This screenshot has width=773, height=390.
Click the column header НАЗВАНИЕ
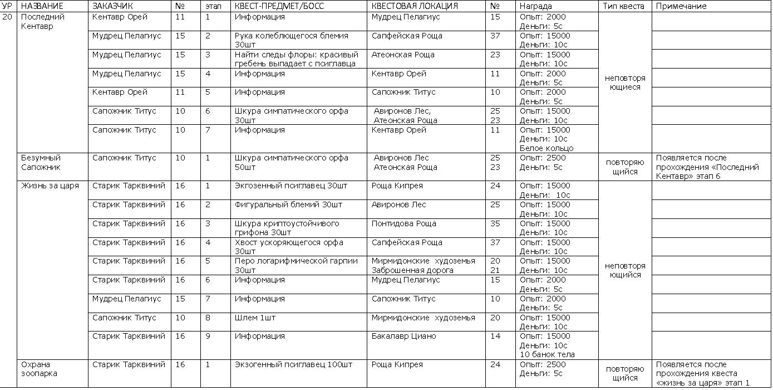point(42,6)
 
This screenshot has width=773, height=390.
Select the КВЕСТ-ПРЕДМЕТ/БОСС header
point(279,6)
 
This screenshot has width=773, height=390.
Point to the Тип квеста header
point(624,6)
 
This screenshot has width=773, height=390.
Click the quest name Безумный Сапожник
point(41,163)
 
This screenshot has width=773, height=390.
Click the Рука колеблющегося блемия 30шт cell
point(291,40)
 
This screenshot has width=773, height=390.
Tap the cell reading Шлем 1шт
point(255,318)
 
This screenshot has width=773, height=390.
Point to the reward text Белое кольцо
point(546,149)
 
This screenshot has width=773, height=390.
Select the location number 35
point(495,224)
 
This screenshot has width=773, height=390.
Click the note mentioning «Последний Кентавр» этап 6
point(707,167)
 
